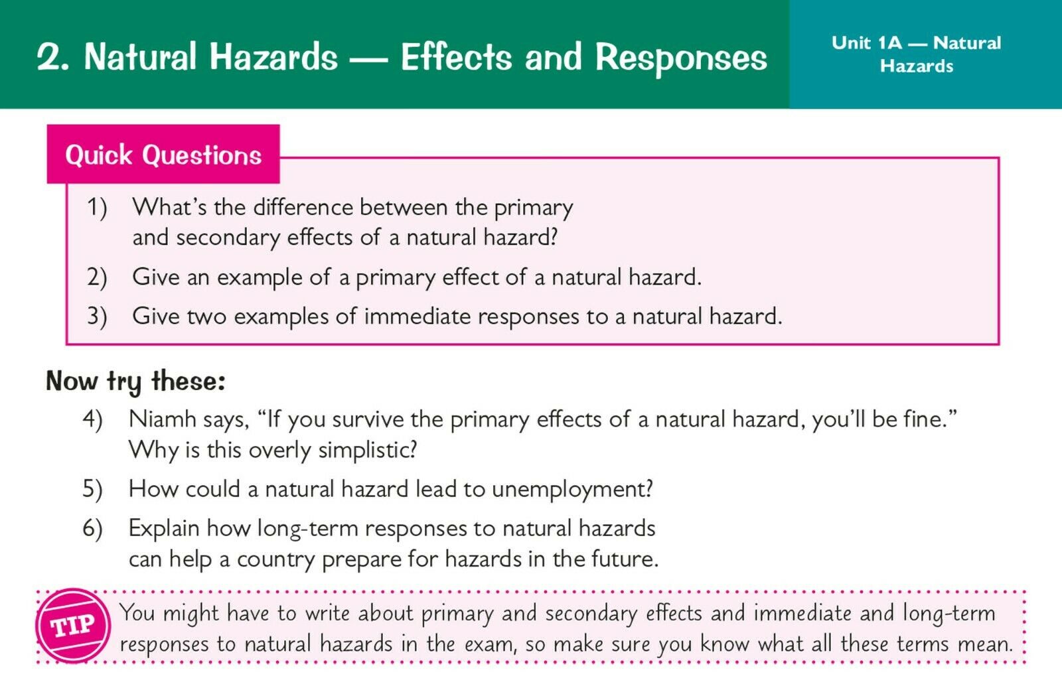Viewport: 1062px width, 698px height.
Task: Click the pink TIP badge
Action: [73, 626]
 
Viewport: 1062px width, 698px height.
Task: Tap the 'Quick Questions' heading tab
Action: [163, 154]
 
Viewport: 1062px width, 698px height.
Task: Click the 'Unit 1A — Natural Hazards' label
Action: [916, 54]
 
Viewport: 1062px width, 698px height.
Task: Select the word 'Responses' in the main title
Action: [681, 58]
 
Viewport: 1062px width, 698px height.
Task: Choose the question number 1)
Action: [97, 208]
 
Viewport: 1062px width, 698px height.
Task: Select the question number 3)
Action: [97, 316]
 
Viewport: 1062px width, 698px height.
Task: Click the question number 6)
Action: [92, 528]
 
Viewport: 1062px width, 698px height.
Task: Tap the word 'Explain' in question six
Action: [164, 529]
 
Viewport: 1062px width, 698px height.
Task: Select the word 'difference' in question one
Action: [303, 207]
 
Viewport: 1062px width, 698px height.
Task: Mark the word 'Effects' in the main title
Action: [456, 57]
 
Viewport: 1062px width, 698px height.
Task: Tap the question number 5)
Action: [92, 489]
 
